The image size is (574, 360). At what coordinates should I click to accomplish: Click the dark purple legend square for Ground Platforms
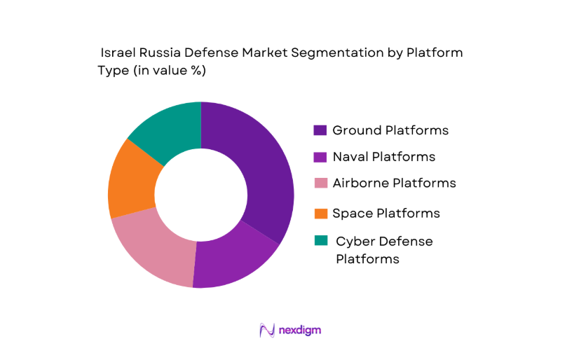[320, 130]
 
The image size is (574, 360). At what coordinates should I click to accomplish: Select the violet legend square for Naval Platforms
[320, 157]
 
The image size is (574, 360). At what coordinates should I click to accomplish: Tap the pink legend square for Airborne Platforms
[320, 184]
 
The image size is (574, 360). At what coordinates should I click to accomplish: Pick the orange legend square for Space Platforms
[320, 213]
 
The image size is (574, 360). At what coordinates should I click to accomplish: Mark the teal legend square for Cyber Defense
[320, 241]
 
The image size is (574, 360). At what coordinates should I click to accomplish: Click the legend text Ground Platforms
[390, 130]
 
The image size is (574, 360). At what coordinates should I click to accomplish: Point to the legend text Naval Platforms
[383, 157]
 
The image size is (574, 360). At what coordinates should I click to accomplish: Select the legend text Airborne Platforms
[394, 184]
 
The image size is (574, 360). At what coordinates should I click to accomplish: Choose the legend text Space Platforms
[386, 213]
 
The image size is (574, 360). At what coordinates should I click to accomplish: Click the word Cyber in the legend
[353, 242]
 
